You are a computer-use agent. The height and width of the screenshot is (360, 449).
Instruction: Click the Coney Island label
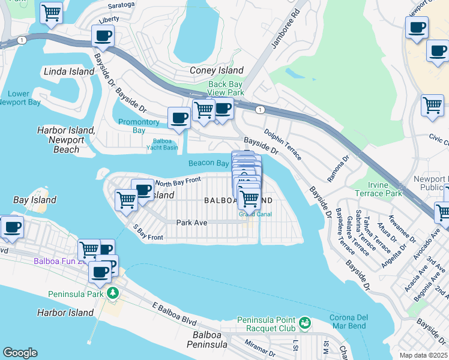(217, 70)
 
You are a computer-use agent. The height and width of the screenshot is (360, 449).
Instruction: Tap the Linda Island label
(69, 71)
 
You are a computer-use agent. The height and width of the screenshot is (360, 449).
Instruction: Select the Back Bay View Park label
(226, 89)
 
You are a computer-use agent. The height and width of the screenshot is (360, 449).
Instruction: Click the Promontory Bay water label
(139, 126)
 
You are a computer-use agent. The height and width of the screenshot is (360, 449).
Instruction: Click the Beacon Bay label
(208, 163)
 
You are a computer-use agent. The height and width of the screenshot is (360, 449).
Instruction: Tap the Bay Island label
(35, 200)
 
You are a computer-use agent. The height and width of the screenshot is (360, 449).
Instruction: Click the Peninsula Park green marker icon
(112, 293)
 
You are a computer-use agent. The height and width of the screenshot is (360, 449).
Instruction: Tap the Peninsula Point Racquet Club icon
(305, 323)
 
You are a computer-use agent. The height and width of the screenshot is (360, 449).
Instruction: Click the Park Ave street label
(191, 223)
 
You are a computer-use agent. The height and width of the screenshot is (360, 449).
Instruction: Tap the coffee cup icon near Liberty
(103, 36)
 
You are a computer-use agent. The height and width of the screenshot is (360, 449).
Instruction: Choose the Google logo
(20, 353)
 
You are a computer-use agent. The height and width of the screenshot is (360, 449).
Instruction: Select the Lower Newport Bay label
(24, 98)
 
